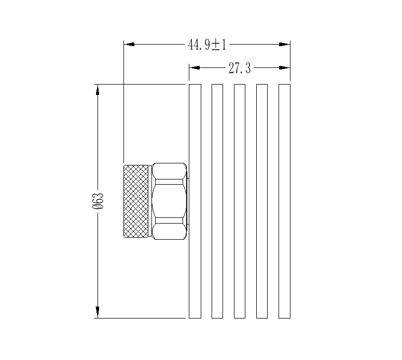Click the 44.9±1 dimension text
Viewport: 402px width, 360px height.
pyautogui.click(x=207, y=45)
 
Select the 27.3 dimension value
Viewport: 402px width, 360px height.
pyautogui.click(x=240, y=68)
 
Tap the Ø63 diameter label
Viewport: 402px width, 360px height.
pyautogui.click(x=98, y=201)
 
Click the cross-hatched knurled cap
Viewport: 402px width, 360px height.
pyautogui.click(x=136, y=201)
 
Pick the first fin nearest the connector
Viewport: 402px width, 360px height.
pyautogui.click(x=195, y=201)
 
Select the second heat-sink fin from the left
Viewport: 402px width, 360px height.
pyautogui.click(x=217, y=201)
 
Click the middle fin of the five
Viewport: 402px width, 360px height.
pyautogui.click(x=240, y=201)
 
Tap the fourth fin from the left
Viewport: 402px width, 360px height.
pyautogui.click(x=262, y=201)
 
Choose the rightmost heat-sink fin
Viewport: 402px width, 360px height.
pyautogui.click(x=284, y=201)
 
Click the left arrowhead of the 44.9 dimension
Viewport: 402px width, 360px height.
pyautogui.click(x=129, y=45)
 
